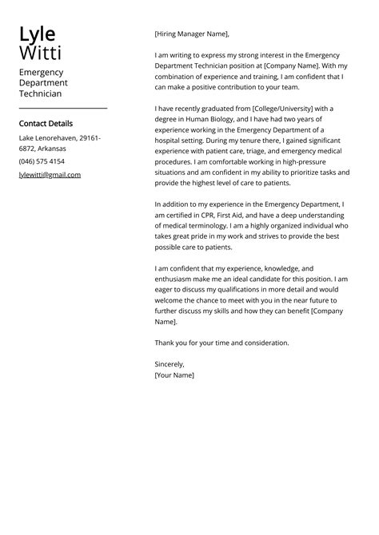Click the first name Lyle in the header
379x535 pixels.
click(x=37, y=34)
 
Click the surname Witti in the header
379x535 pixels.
click(x=39, y=53)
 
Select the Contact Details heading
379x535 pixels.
click(x=46, y=124)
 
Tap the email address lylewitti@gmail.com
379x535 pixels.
click(x=50, y=174)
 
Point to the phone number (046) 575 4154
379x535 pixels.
click(x=42, y=161)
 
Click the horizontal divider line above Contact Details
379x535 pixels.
click(x=62, y=108)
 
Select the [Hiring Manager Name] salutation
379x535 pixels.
click(x=191, y=34)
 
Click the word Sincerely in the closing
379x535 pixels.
click(x=170, y=364)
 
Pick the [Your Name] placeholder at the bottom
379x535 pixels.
click(x=174, y=374)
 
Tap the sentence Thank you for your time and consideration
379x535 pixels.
click(x=221, y=343)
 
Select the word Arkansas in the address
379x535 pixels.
click(x=50, y=149)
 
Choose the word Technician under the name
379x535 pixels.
click(x=40, y=93)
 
